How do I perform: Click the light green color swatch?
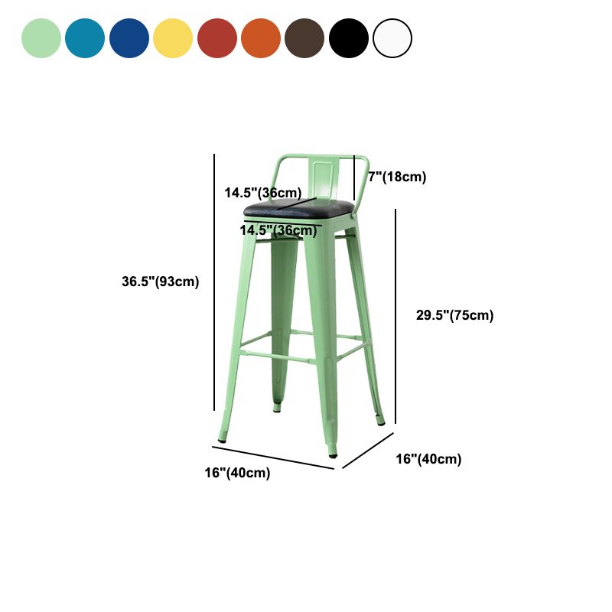point(41,38)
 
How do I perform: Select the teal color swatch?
point(85,38)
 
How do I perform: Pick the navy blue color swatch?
point(129,38)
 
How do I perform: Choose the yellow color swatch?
point(173,38)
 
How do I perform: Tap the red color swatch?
point(217,38)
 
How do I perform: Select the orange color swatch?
point(261,38)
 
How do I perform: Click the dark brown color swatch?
point(304,38)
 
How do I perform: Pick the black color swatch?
point(349,38)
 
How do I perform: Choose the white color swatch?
point(392,38)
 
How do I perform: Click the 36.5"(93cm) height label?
point(161,282)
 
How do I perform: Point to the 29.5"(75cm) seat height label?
point(454,315)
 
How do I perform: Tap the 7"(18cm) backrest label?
point(397,177)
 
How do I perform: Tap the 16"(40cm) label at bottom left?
point(237,474)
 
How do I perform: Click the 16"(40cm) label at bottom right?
point(428,459)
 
